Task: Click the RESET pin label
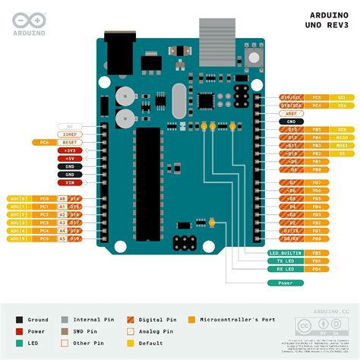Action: click(69, 143)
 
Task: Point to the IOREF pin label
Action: click(69, 134)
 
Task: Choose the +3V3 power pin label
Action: click(69, 150)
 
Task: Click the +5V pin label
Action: click(69, 158)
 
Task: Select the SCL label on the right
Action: click(343, 98)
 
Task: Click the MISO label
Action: click(343, 137)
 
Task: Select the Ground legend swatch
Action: click(21, 321)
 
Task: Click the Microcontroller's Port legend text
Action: click(232, 321)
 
